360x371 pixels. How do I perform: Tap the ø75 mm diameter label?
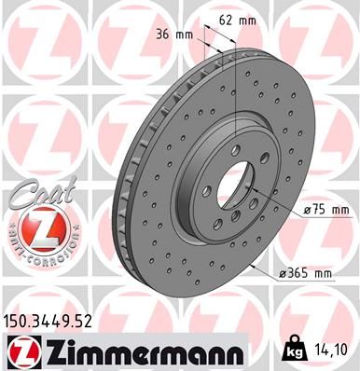[304, 211]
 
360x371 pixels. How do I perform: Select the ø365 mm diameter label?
[309, 272]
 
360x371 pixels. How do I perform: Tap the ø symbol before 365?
[284, 272]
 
